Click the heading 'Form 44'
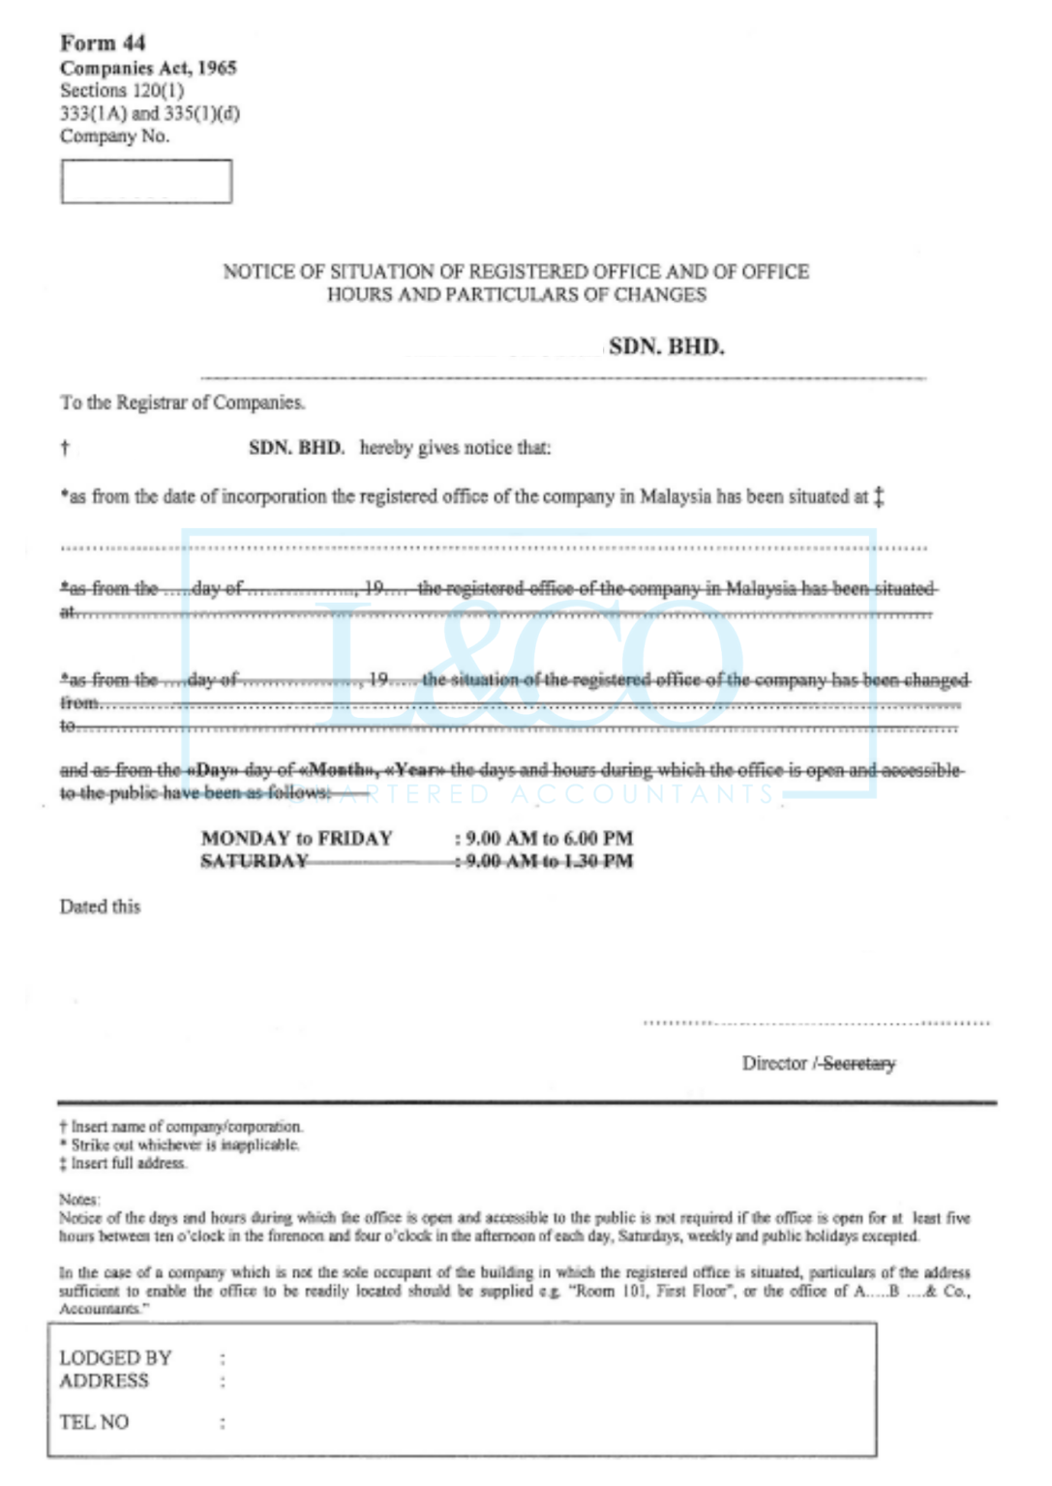(x=103, y=43)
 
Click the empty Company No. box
(x=146, y=182)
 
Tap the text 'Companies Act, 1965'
(x=148, y=68)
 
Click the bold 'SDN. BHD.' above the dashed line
(x=666, y=347)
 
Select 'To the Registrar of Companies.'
(x=183, y=402)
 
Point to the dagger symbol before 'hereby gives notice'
(x=65, y=448)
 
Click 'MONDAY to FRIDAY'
(x=296, y=838)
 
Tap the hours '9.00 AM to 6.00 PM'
(x=549, y=838)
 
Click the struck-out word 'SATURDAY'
(x=254, y=861)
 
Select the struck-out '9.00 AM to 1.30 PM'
(x=549, y=861)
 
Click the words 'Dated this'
(x=100, y=906)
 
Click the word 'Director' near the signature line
(x=774, y=1063)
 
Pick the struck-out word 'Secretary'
(x=858, y=1063)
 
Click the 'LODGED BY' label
(x=115, y=1358)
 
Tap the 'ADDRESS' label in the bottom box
(x=104, y=1381)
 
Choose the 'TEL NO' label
(x=94, y=1422)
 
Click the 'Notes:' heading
(x=78, y=1200)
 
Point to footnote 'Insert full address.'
(x=128, y=1163)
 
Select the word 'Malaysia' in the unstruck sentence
(x=676, y=497)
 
